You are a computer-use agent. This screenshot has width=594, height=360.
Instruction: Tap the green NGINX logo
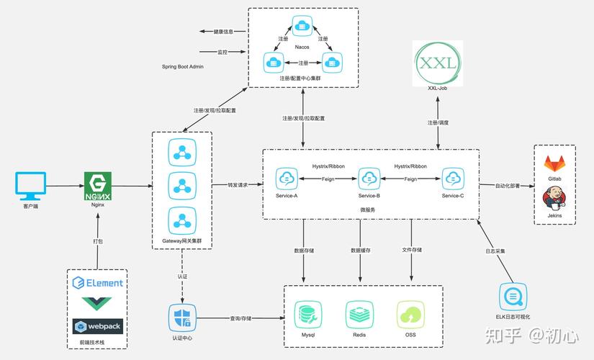(98, 186)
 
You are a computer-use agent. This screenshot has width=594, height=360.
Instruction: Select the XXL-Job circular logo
(438, 63)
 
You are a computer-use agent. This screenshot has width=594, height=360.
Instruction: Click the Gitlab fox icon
(554, 164)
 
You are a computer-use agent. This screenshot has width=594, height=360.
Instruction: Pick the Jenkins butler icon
(554, 197)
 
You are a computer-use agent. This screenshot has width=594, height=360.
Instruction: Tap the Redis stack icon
(360, 315)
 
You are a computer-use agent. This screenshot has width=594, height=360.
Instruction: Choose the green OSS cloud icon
(410, 315)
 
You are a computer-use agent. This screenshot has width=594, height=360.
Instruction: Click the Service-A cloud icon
(287, 178)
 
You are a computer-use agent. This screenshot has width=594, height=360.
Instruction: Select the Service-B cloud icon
(369, 178)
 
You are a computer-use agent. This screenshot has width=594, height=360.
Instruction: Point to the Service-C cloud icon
(452, 178)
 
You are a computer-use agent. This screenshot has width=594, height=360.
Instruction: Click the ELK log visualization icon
(513, 297)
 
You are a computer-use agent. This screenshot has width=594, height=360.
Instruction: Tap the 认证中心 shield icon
(182, 318)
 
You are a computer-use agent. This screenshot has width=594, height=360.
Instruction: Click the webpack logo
(98, 326)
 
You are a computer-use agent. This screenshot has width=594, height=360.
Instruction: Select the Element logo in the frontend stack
(98, 283)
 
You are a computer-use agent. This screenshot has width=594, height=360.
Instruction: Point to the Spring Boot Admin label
(183, 66)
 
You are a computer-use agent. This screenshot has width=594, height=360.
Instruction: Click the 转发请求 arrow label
(238, 185)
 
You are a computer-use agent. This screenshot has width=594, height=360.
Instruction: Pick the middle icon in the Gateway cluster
(182, 186)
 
